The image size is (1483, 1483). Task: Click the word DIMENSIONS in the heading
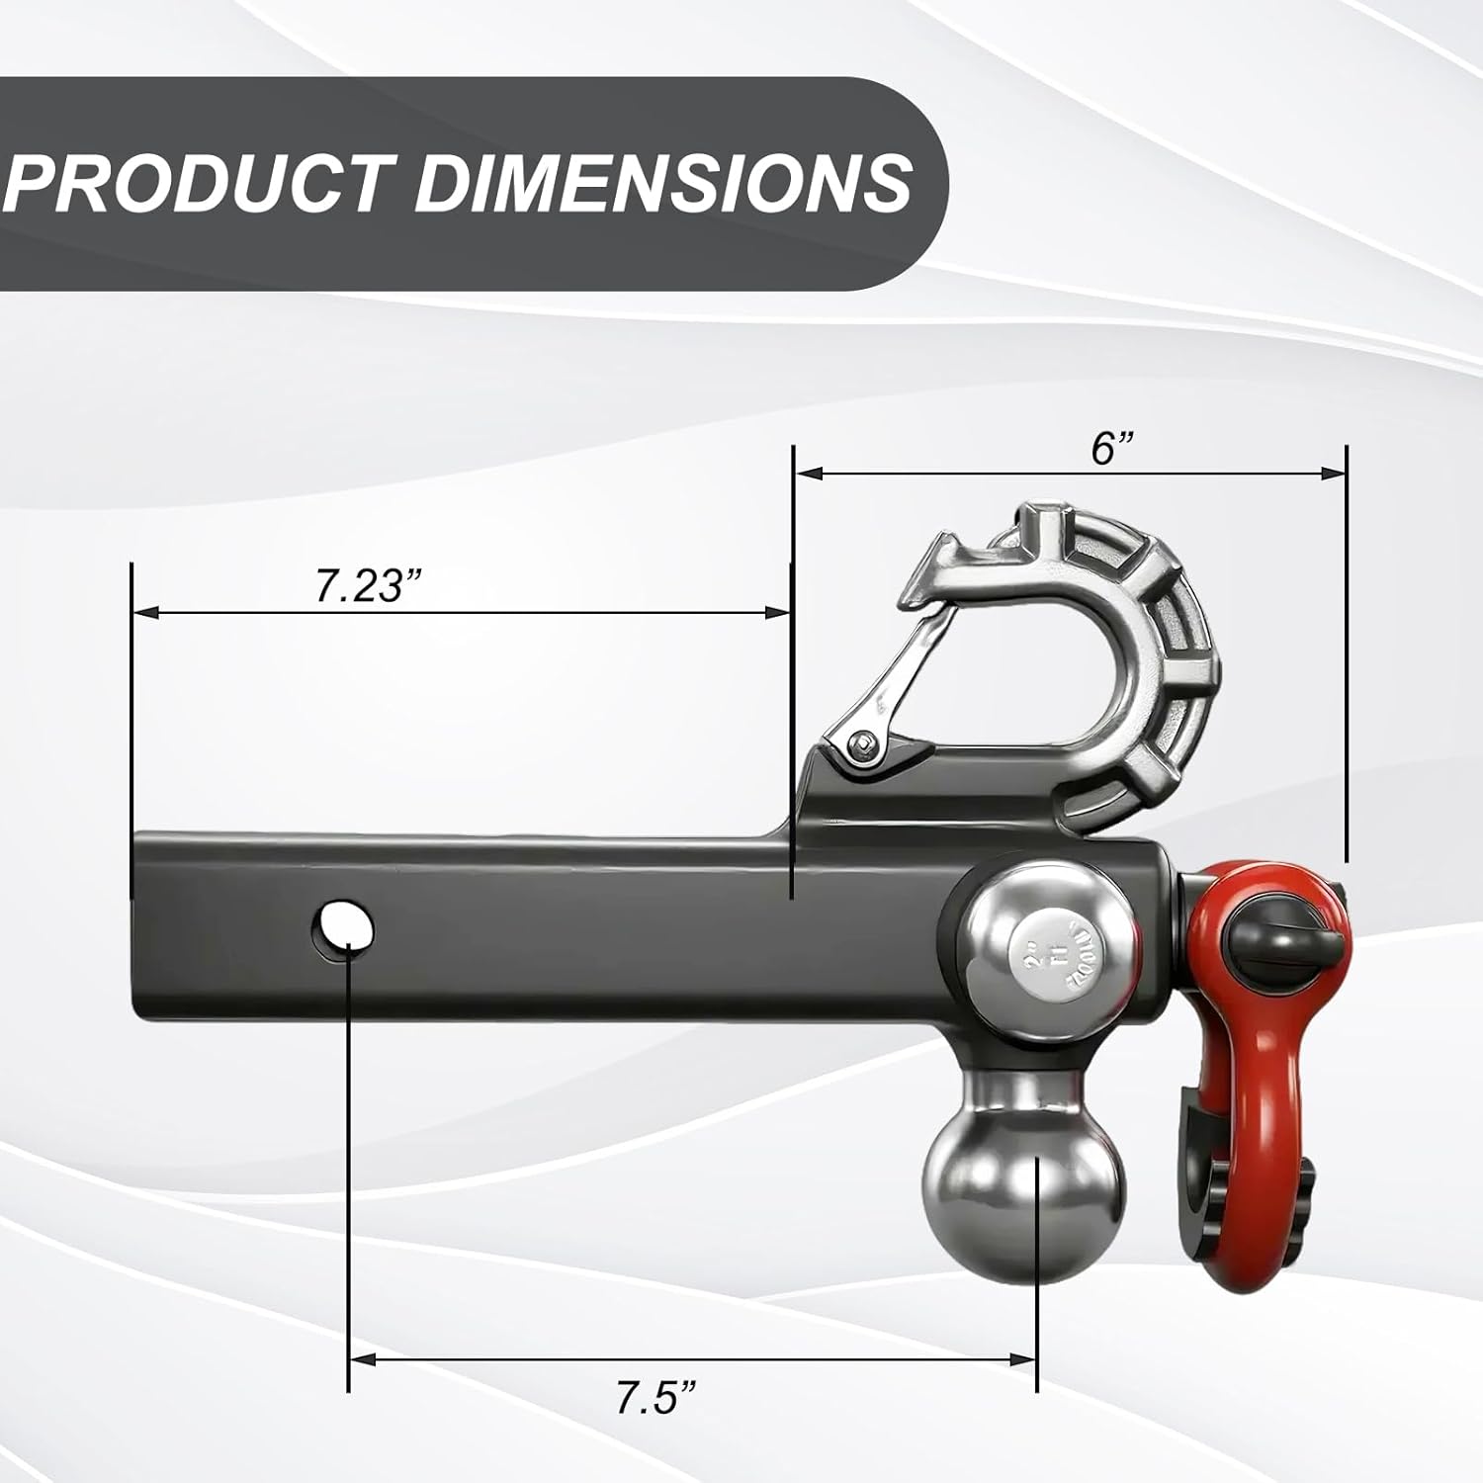662,183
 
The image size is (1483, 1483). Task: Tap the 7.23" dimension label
362,585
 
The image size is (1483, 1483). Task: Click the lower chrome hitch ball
1024,1182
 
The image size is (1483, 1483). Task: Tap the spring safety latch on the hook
905,672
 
